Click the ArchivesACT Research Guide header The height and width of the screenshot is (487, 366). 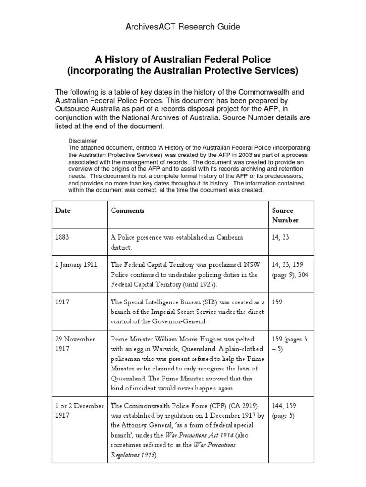coord(183,27)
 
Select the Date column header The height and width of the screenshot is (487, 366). coord(62,210)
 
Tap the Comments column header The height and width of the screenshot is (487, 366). coord(127,210)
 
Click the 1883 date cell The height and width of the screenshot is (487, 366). coord(62,238)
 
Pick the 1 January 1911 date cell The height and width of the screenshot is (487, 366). coord(76,265)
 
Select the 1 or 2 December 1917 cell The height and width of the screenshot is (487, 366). coord(80,410)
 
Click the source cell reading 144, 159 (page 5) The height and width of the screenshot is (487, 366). coord(286,410)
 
